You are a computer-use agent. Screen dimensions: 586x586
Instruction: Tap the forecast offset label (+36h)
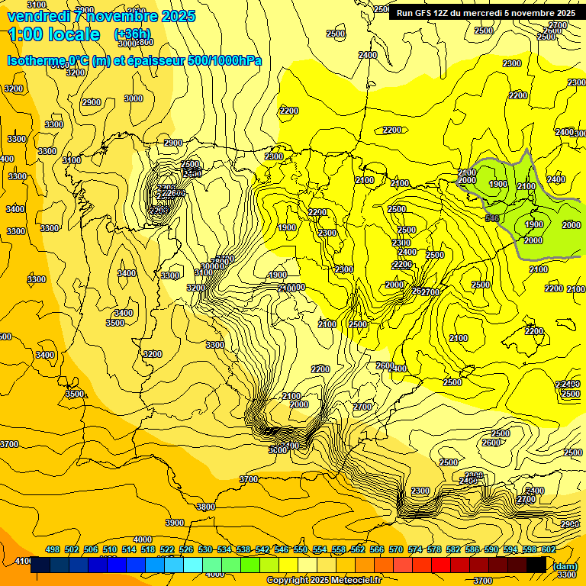coord(132,34)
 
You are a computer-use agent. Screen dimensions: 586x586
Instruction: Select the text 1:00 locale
coord(54,34)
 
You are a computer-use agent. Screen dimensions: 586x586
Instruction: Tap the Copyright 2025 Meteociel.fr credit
coord(324,580)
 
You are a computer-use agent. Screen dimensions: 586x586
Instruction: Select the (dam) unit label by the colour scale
coord(565,565)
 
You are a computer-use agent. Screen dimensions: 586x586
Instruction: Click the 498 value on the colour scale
coord(53,549)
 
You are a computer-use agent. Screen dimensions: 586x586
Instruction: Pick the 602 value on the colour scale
coord(549,549)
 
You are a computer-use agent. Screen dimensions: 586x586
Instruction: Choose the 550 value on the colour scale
coord(301,549)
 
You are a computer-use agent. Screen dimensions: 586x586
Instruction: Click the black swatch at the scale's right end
coord(536,565)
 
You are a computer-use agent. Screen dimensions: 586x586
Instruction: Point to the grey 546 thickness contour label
coord(492,219)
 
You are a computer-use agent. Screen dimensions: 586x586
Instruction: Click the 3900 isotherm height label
coord(175,523)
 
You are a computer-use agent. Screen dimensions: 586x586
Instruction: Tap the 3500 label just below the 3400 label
coord(114,324)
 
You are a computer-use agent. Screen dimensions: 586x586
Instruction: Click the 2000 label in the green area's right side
coord(571,224)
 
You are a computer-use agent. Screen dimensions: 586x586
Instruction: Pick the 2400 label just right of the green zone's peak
coord(556,180)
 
